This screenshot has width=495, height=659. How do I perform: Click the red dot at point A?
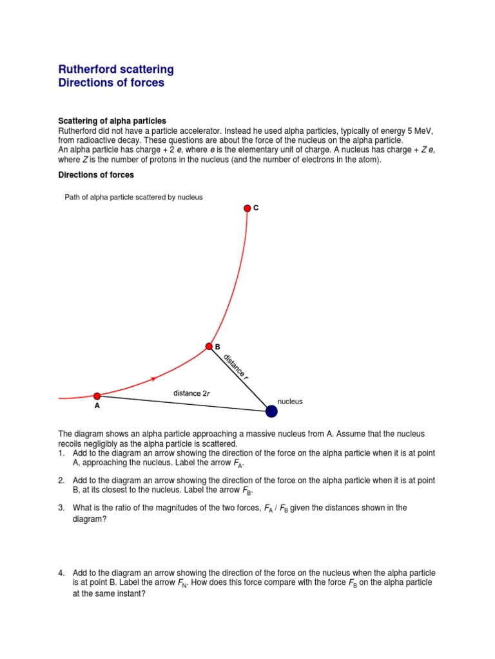[x=97, y=396]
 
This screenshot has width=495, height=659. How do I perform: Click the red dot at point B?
[x=209, y=346]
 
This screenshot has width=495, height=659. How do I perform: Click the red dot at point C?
[x=247, y=208]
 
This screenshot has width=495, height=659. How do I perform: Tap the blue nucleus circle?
[x=272, y=411]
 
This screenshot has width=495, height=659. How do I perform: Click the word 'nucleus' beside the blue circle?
[x=289, y=402]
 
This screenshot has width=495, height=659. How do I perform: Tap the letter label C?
[x=256, y=208]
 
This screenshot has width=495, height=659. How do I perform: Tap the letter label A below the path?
[x=97, y=407]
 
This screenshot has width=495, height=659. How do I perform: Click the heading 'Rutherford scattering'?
[x=116, y=70]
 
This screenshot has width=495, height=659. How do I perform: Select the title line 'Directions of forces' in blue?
[x=111, y=83]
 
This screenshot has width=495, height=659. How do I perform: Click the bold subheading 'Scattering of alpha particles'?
[x=112, y=121]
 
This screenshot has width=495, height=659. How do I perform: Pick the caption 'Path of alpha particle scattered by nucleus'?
[x=133, y=197]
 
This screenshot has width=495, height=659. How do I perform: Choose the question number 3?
[x=61, y=508]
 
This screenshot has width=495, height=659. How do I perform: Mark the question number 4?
[x=61, y=573]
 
